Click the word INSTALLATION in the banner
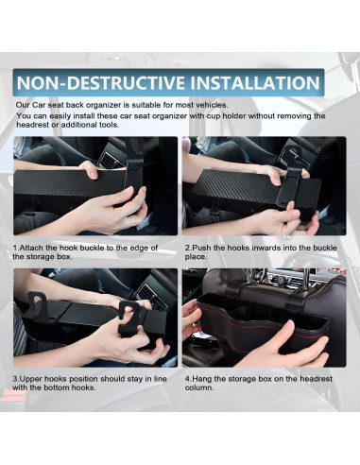(x=255, y=83)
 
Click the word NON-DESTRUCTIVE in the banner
(x=101, y=83)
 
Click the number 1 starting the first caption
(x=15, y=248)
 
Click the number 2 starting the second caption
(x=187, y=248)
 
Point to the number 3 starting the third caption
(x=15, y=379)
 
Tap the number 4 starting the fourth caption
(x=187, y=379)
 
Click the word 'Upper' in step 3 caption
(x=32, y=379)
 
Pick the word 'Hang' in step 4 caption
(x=201, y=379)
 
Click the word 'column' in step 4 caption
(x=197, y=387)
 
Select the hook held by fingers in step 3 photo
(x=129, y=319)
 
